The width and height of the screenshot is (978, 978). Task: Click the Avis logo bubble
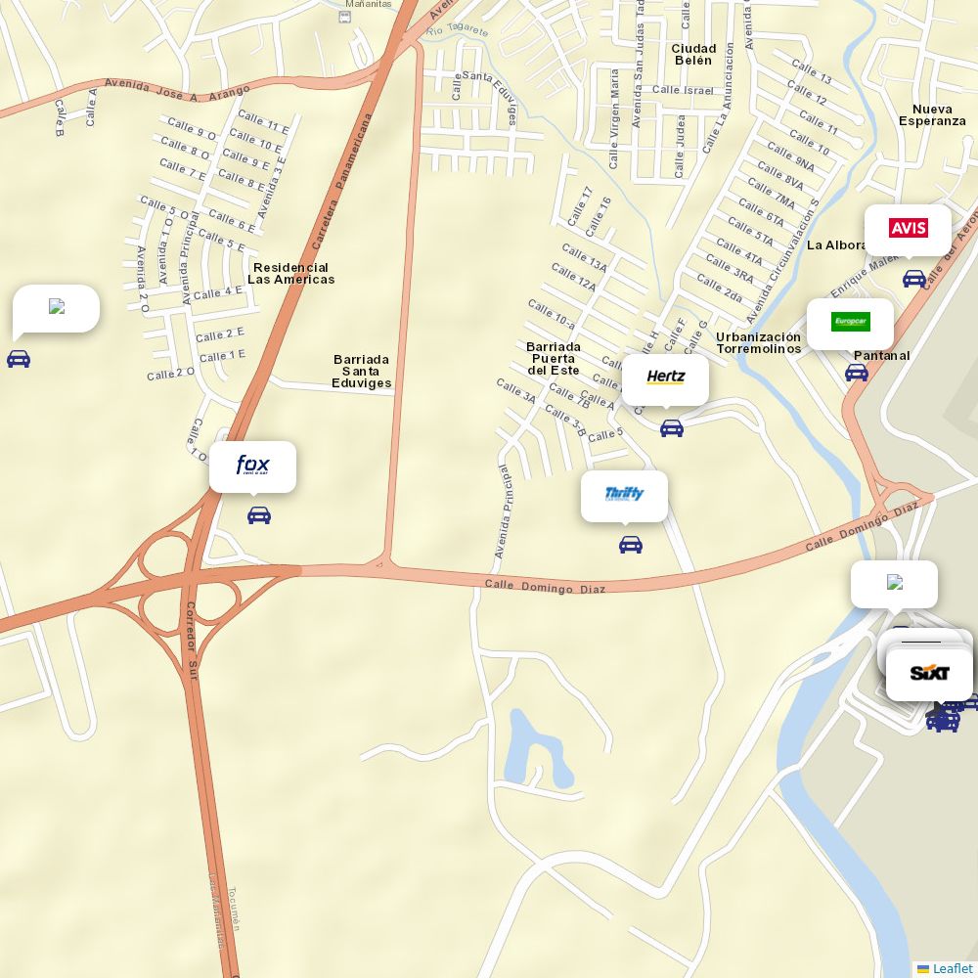[908, 229]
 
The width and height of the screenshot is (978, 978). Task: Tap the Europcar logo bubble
[850, 322]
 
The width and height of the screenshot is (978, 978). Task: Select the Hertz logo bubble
[665, 378]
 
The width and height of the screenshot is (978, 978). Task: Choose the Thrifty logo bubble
[624, 495]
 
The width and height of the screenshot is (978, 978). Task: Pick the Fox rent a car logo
[252, 466]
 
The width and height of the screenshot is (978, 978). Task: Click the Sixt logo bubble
[929, 674]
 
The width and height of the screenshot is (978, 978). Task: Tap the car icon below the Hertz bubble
[672, 428]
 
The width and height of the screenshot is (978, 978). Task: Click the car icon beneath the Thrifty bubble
[631, 545]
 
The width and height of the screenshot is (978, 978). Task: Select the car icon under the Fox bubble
[259, 515]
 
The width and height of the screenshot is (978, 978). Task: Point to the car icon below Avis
[914, 279]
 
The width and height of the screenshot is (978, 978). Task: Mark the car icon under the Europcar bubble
[857, 373]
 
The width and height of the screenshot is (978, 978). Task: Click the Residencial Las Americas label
[290, 274]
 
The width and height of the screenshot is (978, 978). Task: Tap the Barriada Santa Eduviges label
[361, 372]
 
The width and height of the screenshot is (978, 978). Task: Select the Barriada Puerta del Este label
[553, 359]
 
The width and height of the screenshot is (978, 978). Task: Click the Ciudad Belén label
[693, 55]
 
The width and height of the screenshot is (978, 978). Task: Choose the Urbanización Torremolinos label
[758, 343]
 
